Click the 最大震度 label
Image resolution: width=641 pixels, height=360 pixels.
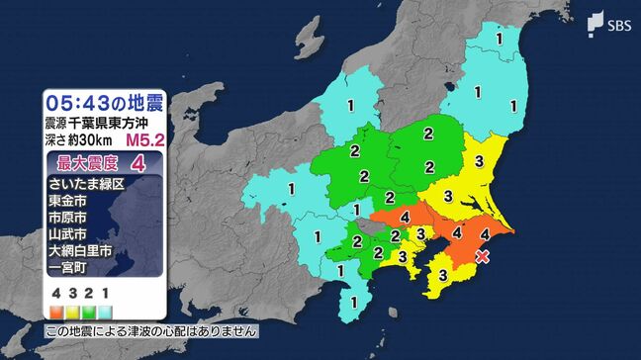coord(86,162)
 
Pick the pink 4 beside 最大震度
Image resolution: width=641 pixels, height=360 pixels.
coord(151,162)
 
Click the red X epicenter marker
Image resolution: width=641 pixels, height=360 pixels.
coord(483,256)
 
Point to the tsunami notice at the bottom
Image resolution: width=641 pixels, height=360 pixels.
coord(150,331)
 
